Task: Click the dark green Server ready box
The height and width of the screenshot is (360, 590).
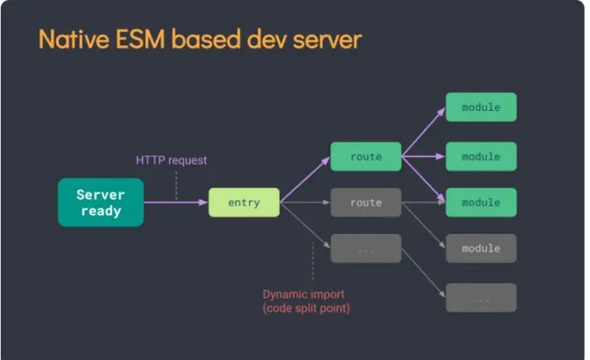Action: [x=101, y=202]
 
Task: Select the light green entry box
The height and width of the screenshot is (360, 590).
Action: [x=244, y=202]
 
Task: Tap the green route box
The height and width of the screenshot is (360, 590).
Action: [x=366, y=157]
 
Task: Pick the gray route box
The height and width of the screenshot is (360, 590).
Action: [x=366, y=202]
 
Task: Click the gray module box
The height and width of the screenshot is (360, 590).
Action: [x=481, y=248]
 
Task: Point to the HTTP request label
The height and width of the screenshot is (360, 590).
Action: [x=171, y=160]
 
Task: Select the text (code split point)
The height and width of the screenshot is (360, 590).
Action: [x=306, y=307]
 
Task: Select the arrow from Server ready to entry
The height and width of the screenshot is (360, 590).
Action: [x=176, y=202]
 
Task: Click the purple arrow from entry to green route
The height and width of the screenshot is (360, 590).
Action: [x=304, y=180]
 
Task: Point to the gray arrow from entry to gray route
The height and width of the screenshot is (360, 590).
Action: [x=305, y=202]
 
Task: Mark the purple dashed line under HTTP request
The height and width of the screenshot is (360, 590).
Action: [x=176, y=183]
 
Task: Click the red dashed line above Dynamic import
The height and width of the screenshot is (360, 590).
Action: [x=313, y=260]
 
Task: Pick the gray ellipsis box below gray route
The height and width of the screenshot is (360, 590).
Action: [x=366, y=248]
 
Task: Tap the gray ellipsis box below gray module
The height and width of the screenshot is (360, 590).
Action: [x=481, y=298]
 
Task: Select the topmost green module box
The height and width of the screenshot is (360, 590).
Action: [x=481, y=107]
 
